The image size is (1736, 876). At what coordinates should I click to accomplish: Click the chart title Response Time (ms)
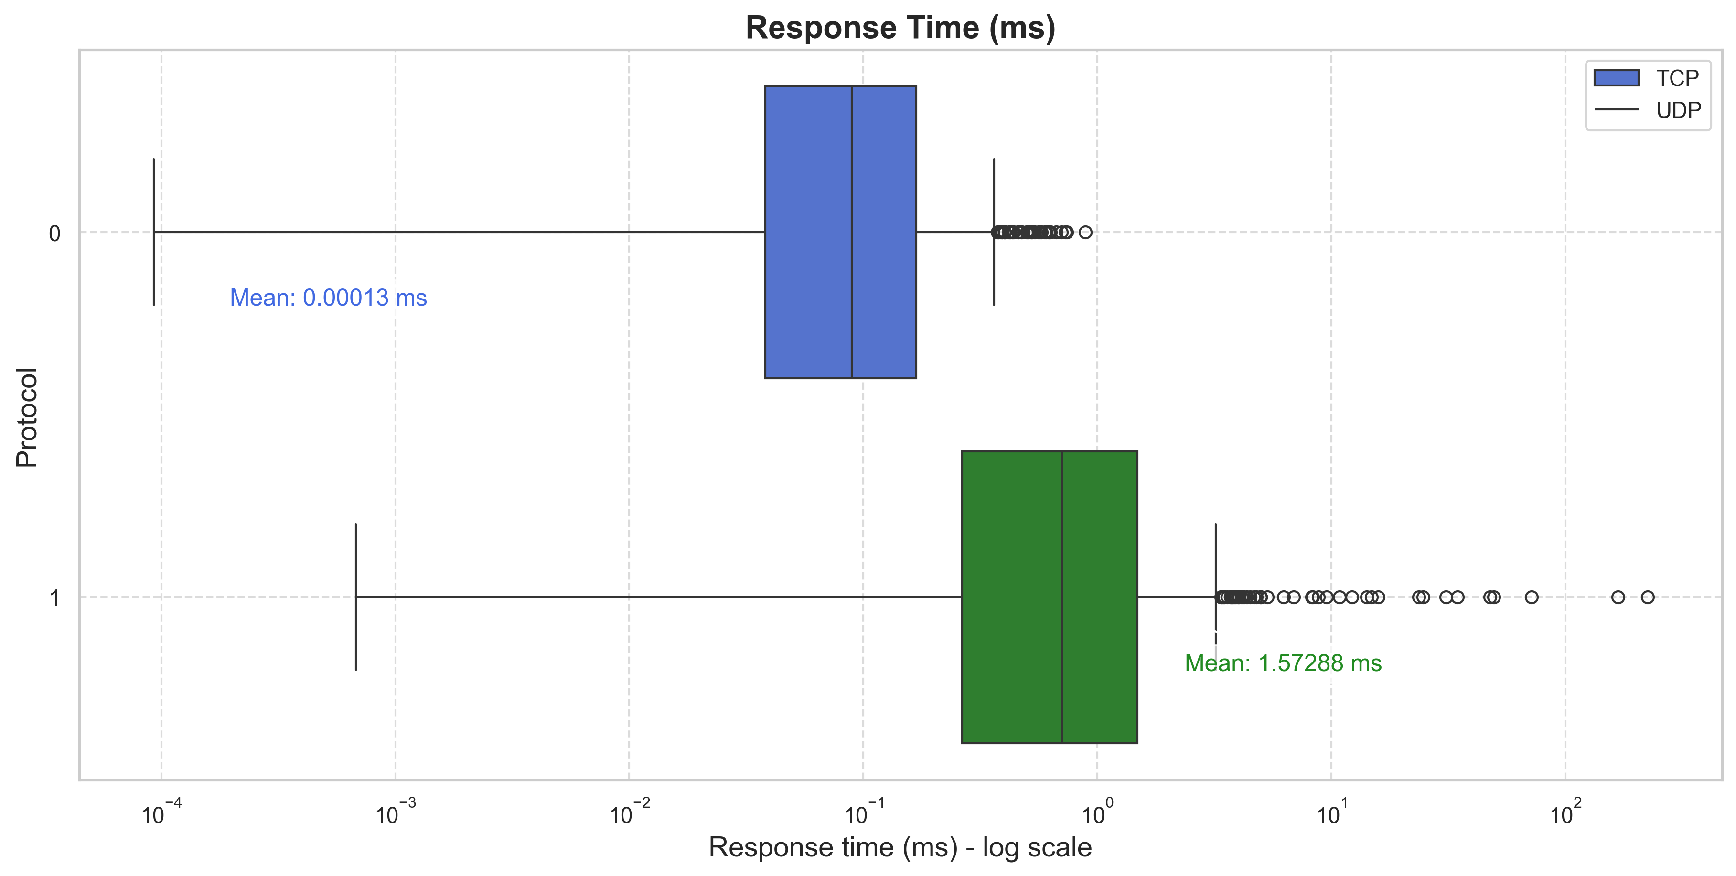[900, 28]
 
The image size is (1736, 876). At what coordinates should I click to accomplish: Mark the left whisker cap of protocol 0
[154, 232]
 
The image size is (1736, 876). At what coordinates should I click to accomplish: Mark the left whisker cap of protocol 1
[356, 597]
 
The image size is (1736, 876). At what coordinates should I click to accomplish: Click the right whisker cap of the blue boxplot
[994, 232]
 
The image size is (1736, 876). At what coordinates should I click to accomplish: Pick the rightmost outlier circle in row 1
[1648, 597]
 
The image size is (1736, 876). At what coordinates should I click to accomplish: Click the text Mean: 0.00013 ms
[328, 298]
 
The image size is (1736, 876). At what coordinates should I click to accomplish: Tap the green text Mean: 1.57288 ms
[1283, 663]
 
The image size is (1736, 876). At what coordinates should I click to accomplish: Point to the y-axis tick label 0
[54, 234]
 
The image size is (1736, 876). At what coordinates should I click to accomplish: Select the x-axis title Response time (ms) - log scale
[900, 847]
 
